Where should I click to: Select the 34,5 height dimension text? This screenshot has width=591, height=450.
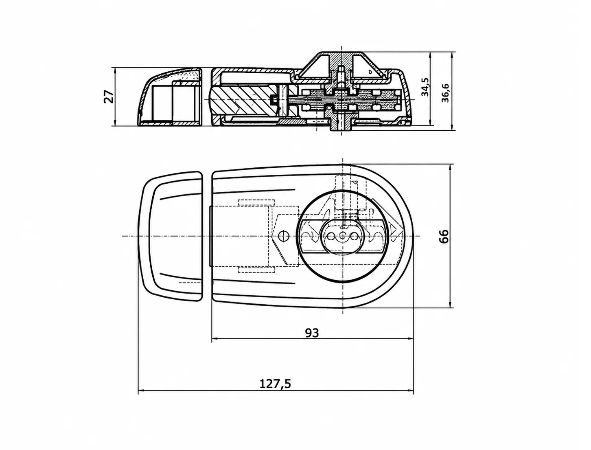coord(425,87)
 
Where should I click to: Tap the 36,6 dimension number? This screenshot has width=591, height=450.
coord(445,93)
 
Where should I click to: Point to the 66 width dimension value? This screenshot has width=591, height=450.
coord(444,236)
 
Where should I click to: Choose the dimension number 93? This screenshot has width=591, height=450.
coord(312,333)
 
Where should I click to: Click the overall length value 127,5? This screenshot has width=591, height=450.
coord(275,384)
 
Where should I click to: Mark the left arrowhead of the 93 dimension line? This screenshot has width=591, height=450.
coord(215,339)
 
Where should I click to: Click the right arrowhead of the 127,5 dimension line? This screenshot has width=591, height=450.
coord(410,391)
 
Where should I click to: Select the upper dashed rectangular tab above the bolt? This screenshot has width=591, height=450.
coord(256,202)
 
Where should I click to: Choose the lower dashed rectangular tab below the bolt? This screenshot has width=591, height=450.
coord(256,270)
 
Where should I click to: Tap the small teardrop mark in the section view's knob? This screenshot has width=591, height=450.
coord(370,72)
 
